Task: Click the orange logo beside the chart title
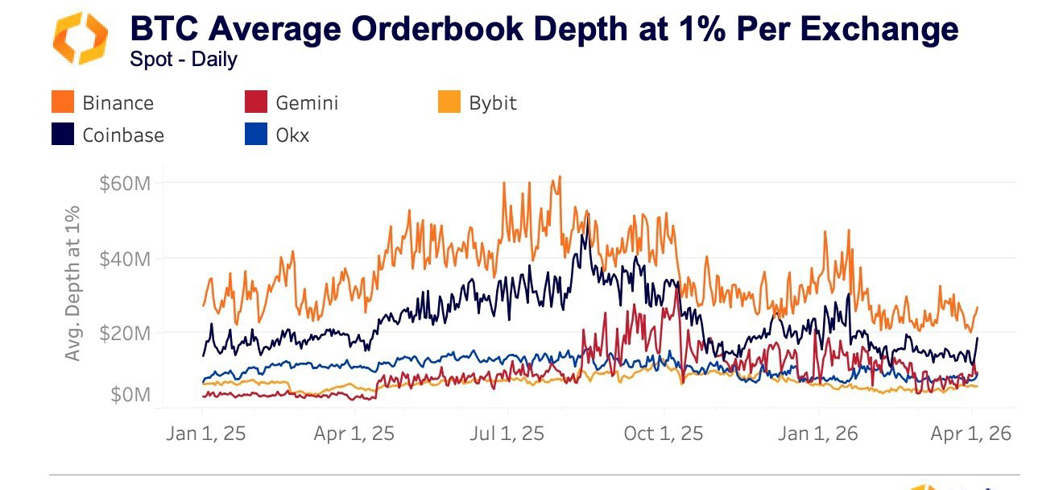[x=80, y=38]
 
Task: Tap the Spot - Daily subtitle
[x=183, y=60]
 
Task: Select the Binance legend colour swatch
[x=63, y=102]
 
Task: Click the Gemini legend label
[x=307, y=103]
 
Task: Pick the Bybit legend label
[x=493, y=103]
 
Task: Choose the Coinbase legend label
[x=123, y=135]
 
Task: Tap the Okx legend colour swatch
[x=255, y=134]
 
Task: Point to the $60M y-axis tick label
[x=125, y=184]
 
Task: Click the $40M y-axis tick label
[x=125, y=260]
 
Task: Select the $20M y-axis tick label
[x=125, y=333]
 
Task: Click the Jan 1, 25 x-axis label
[x=205, y=434]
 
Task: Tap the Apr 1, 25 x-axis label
[x=354, y=434]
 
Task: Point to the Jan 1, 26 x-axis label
[x=819, y=434]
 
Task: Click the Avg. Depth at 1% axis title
[x=72, y=283]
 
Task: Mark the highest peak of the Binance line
[x=559, y=177]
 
